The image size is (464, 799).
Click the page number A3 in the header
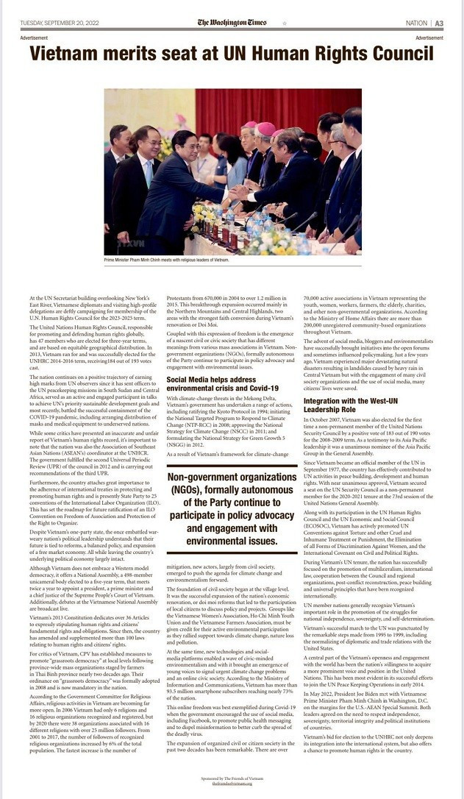pos(439,24)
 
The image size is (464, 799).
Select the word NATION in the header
pos(415,24)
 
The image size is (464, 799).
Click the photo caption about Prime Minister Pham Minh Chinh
pos(167,260)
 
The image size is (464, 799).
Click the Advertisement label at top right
pos(429,38)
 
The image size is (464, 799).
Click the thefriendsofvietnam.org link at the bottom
pos(232,783)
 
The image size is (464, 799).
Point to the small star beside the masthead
pos(285,24)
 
